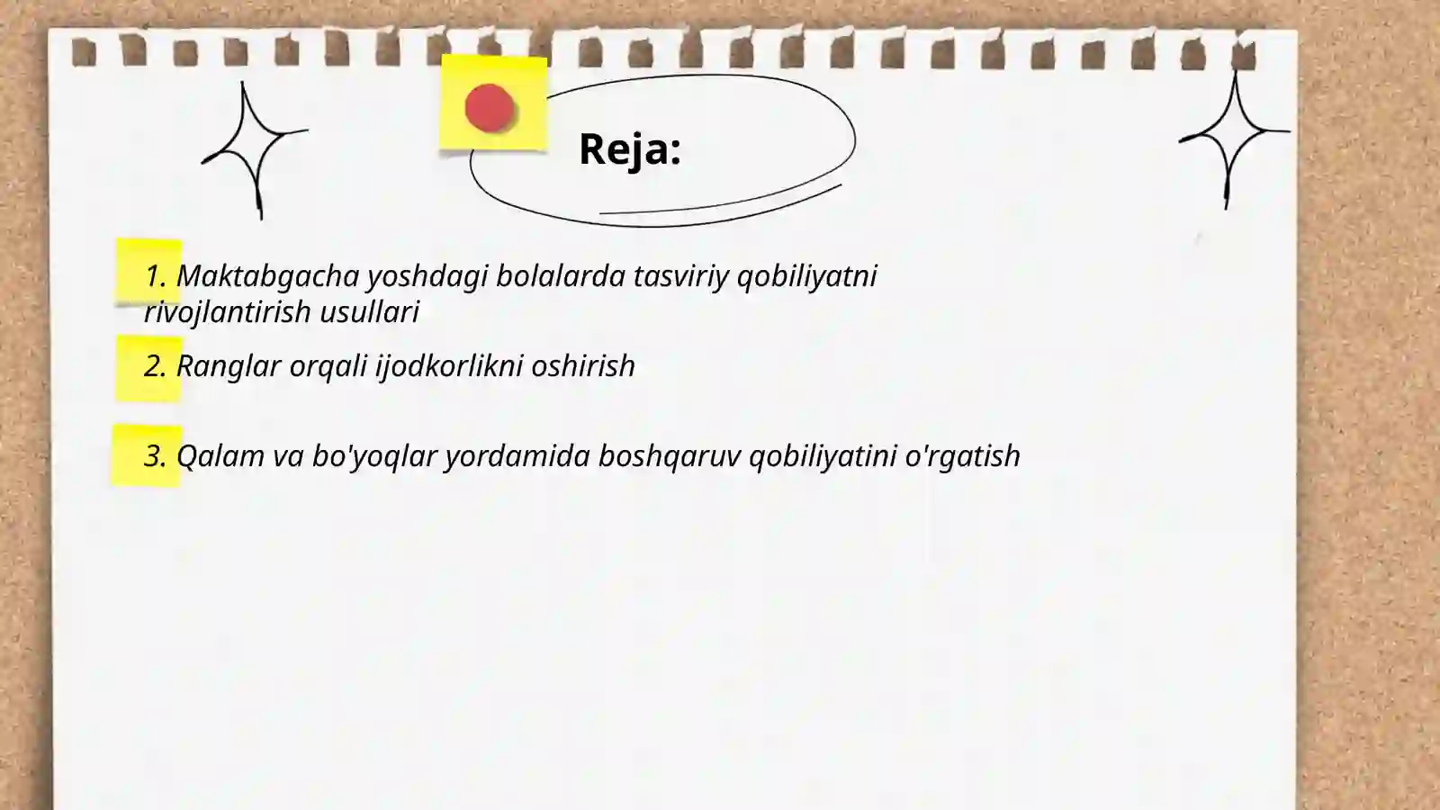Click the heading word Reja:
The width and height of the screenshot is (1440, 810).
click(x=629, y=148)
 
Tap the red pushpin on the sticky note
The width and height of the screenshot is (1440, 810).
click(x=490, y=108)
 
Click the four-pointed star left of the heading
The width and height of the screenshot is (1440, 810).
click(x=254, y=149)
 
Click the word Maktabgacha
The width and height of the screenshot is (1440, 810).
click(x=267, y=275)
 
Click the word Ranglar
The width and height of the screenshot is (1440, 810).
click(x=228, y=365)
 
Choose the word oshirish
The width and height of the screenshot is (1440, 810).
click(x=582, y=365)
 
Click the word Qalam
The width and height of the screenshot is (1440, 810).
click(x=220, y=455)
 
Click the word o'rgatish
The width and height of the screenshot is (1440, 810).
click(x=962, y=455)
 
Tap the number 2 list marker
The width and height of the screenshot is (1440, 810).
click(x=154, y=365)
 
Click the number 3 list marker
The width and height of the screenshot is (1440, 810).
click(x=154, y=455)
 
